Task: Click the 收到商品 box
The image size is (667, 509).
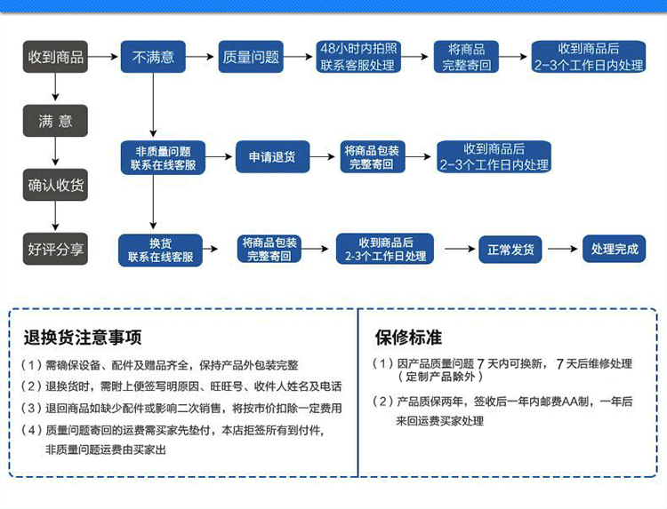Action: tap(55, 58)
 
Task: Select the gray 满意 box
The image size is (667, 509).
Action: tap(55, 121)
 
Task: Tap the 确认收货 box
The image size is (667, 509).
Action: tap(55, 186)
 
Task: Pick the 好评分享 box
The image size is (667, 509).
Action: tap(55, 250)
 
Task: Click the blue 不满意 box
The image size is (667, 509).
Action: tap(153, 58)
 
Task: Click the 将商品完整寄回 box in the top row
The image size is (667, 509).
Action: tap(467, 58)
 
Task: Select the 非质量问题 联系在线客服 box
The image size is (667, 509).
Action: tap(163, 158)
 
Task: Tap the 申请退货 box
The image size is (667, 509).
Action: tap(272, 157)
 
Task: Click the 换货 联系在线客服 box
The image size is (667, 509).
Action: tap(160, 251)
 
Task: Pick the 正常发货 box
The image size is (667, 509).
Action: tap(510, 250)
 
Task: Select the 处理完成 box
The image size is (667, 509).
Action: tap(615, 250)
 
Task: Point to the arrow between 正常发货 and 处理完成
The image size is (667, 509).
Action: tap(562, 250)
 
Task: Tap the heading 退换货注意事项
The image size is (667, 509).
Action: tap(82, 338)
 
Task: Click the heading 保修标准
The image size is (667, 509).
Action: tap(408, 338)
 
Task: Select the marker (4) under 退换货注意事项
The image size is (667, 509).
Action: tap(31, 431)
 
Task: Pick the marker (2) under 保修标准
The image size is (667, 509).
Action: tap(383, 402)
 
